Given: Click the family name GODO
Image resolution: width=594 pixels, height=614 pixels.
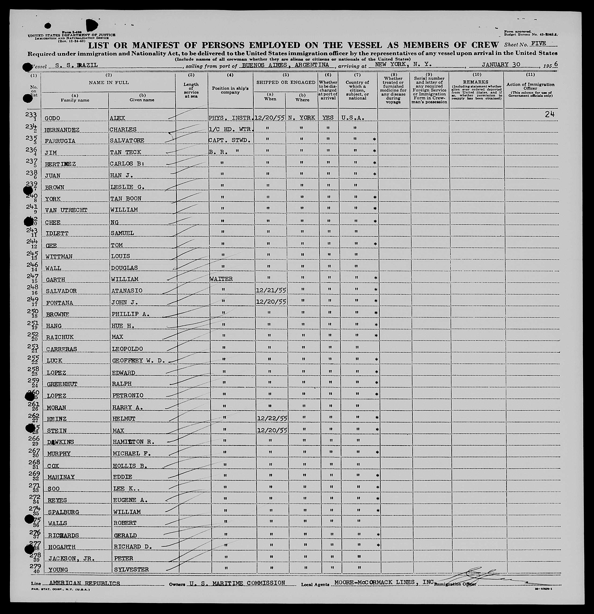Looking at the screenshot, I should [x=52, y=118].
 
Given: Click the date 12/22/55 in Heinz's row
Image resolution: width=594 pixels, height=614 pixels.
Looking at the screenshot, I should [x=272, y=418].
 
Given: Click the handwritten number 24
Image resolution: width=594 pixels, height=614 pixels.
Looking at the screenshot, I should [x=550, y=114].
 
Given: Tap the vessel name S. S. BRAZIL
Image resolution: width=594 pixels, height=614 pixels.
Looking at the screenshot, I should [x=76, y=65].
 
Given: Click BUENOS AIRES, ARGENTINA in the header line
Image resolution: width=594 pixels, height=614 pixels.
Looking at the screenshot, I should [x=286, y=65].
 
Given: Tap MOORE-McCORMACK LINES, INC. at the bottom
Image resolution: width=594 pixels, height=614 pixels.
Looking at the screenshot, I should [x=384, y=582].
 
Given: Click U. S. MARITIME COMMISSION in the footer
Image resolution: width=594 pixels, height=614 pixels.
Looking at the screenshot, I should [x=237, y=583].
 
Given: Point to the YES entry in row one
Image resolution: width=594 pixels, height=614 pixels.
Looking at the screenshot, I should [x=328, y=118].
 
